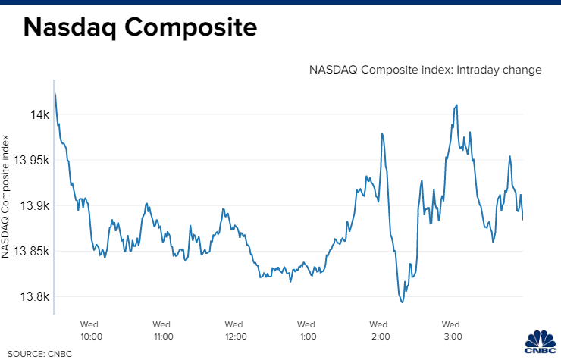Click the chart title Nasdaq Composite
click(x=140, y=28)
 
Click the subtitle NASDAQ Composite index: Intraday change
click(x=425, y=70)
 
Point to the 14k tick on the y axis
click(x=39, y=115)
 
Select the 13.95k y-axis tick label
click(x=33, y=161)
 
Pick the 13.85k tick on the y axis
click(x=33, y=252)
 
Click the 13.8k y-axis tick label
click(x=36, y=297)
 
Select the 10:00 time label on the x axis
click(x=91, y=330)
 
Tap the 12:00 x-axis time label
click(x=235, y=330)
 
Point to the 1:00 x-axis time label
click(x=308, y=330)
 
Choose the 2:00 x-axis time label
click(x=380, y=330)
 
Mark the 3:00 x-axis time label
click(x=453, y=330)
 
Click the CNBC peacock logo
click(x=541, y=343)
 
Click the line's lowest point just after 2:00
click(x=402, y=302)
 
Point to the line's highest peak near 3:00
click(x=456, y=105)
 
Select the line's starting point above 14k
click(x=55, y=94)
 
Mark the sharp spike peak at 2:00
click(x=382, y=133)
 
